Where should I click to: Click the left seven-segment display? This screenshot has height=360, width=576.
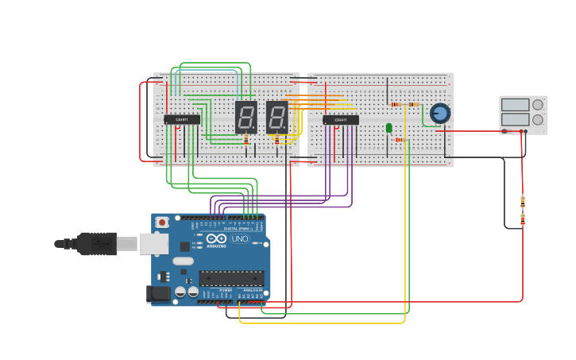coord(246,116)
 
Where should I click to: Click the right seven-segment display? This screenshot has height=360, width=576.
coord(276,116)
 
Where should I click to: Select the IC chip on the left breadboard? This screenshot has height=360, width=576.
coord(182,119)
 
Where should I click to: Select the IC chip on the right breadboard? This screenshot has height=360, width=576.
coord(341,120)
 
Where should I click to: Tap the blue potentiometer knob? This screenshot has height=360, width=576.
coord(439,114)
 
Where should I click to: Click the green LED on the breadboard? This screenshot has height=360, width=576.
coord(389,127)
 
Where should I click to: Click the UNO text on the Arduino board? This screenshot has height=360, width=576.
coord(239,238)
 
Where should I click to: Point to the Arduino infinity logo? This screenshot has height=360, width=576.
coord(216,238)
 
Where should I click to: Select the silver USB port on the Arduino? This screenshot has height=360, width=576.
coord(154,243)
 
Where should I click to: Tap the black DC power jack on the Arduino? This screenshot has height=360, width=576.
coord(158,293)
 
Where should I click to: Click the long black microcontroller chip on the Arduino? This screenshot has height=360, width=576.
coord(230,278)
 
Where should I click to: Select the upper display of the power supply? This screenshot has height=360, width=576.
coord(515,105)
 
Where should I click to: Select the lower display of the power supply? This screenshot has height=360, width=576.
coord(515,120)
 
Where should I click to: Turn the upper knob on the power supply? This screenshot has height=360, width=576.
coord(538,105)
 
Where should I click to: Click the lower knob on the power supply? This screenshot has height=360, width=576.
coord(538,120)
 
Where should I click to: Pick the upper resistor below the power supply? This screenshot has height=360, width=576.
coord(522,201)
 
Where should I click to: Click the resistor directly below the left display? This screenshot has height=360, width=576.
coord(245,140)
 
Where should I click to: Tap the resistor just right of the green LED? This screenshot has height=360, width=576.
coord(400,140)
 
